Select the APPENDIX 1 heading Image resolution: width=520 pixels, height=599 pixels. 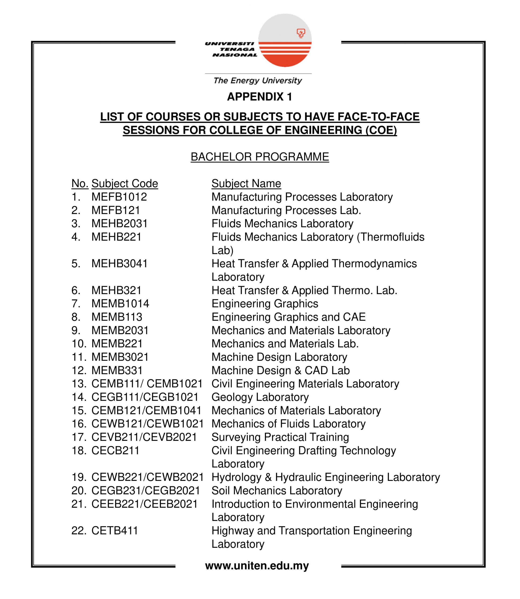tap(260, 97)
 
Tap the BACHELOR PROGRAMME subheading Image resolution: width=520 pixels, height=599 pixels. tap(260, 157)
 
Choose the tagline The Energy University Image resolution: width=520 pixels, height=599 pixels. tap(258, 80)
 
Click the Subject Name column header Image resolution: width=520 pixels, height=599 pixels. tap(246, 183)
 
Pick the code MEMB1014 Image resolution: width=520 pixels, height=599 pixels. tap(120, 304)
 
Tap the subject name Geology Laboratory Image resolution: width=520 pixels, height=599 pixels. tap(260, 397)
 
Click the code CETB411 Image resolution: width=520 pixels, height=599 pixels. tap(115, 530)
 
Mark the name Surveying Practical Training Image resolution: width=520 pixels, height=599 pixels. tap(280, 437)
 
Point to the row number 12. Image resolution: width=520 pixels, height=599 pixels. tap(79, 370)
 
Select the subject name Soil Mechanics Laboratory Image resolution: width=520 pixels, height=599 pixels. tap(277, 491)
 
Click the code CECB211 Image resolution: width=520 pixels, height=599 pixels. tap(116, 451)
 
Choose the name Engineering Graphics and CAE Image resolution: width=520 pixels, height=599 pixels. tap(289, 317)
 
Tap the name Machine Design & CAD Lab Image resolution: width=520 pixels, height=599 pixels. tap(281, 370)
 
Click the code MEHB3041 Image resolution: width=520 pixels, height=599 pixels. tap(119, 264)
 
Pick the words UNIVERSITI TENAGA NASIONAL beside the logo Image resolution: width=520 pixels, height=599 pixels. tap(231, 49)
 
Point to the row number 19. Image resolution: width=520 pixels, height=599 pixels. tap(79, 477)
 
